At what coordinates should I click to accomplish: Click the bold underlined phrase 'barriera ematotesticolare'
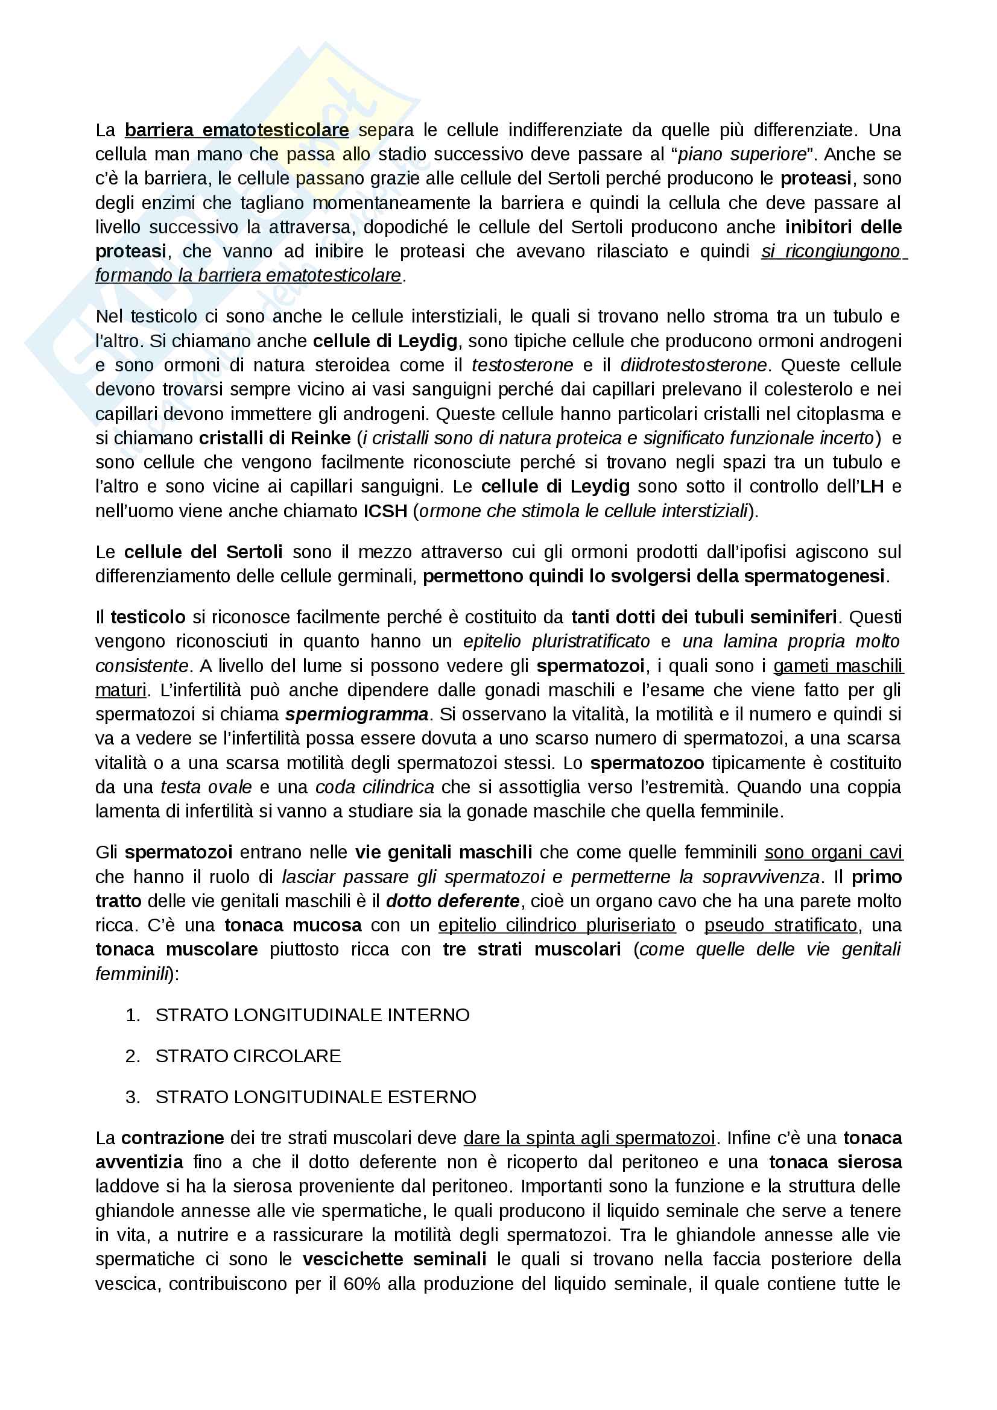(236, 130)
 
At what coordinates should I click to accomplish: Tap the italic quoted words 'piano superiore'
(741, 154)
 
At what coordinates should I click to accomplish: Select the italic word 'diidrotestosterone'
(694, 365)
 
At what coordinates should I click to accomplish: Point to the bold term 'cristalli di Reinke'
(274, 438)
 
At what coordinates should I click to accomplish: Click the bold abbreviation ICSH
(385, 511)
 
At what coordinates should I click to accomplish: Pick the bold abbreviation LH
(871, 487)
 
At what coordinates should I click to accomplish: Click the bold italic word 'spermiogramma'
(356, 715)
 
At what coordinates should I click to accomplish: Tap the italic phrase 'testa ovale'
(206, 787)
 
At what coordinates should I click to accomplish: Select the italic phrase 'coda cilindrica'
(374, 787)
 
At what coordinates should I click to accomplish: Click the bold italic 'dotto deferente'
(452, 901)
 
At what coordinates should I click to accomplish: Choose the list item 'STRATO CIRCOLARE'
(247, 1056)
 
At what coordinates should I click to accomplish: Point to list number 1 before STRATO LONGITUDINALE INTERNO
(132, 1015)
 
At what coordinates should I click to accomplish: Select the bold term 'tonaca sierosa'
(835, 1162)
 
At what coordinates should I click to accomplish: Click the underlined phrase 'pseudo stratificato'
(780, 925)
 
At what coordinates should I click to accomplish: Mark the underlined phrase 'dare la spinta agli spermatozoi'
(589, 1139)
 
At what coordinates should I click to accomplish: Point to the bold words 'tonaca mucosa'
(293, 925)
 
